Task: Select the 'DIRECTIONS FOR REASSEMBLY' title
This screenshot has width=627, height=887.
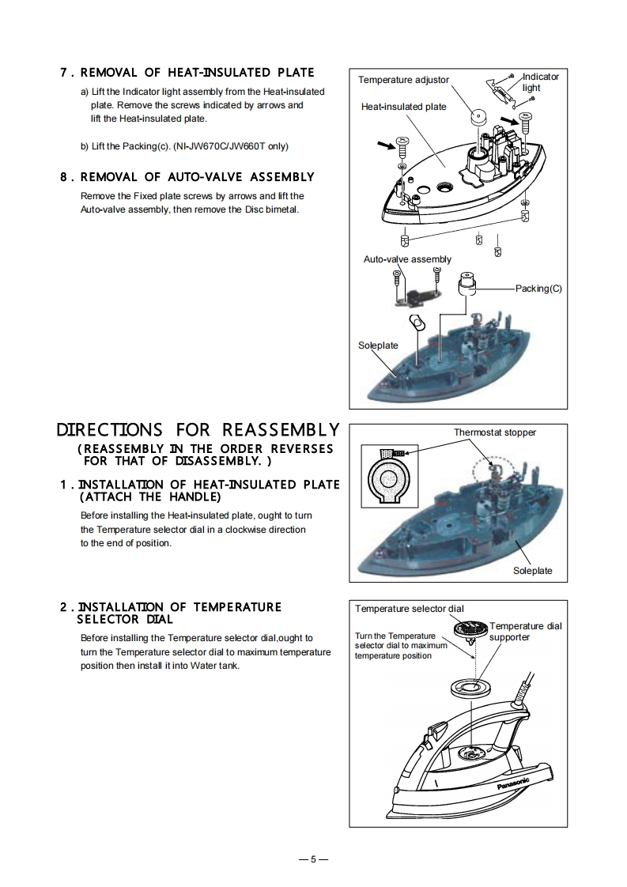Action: [x=198, y=431]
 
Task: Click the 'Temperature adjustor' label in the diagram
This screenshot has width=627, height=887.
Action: [x=403, y=80]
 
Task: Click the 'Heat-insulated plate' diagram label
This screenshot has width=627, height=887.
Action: [x=403, y=107]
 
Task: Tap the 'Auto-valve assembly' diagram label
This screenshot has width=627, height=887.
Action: [x=407, y=259]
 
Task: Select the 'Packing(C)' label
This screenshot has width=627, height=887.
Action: [x=538, y=289]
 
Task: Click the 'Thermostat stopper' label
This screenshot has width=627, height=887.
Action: [x=494, y=432]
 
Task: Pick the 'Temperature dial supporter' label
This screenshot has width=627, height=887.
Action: [x=525, y=631]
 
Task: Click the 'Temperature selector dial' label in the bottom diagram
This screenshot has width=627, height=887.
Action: [x=409, y=609]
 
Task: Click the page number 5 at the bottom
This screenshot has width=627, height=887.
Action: [x=313, y=859]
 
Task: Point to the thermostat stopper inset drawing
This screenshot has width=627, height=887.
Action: [x=388, y=476]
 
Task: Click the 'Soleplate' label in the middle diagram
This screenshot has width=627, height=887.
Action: [x=532, y=571]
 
